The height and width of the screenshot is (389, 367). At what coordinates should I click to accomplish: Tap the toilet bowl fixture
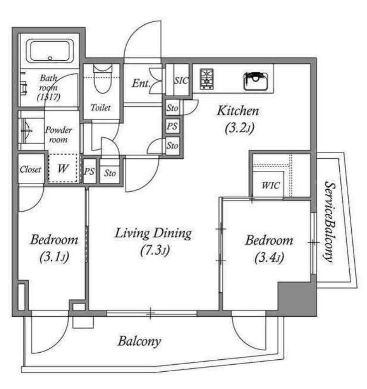point(102,79)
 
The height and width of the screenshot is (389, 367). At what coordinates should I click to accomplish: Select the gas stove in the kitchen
point(207,79)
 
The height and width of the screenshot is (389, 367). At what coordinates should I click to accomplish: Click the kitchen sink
point(256,81)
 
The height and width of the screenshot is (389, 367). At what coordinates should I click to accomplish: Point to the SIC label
point(181,80)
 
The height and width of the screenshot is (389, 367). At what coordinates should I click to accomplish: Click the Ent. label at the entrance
point(141,83)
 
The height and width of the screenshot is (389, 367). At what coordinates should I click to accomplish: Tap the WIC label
point(271,185)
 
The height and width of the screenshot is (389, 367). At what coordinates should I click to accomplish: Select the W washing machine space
point(63,168)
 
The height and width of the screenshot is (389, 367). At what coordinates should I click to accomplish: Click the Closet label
point(31,169)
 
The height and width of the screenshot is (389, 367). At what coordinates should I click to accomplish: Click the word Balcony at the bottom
point(139,341)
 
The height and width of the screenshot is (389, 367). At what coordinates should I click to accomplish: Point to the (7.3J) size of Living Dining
point(155,250)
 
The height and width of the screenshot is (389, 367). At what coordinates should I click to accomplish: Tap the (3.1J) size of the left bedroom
point(54,257)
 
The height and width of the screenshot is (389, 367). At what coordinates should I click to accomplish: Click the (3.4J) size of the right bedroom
point(269,257)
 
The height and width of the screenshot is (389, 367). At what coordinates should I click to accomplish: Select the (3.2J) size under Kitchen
point(239,128)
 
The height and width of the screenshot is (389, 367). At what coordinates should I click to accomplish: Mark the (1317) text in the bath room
point(49,97)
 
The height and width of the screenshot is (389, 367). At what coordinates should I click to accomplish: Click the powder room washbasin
point(26,130)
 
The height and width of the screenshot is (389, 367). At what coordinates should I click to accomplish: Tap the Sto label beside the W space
point(110,173)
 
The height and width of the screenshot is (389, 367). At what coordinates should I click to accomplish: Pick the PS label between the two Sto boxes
point(172,126)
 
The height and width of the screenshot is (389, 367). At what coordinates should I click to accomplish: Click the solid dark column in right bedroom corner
point(297,299)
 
